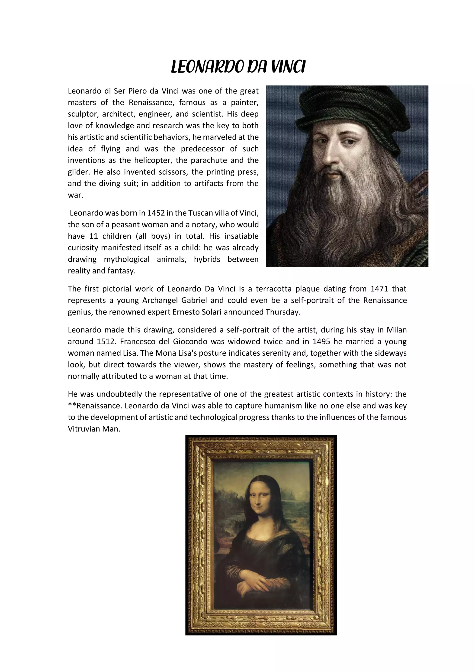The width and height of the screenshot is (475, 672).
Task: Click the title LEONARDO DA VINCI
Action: [238, 67]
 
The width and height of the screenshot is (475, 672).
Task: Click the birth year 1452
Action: [156, 213]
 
